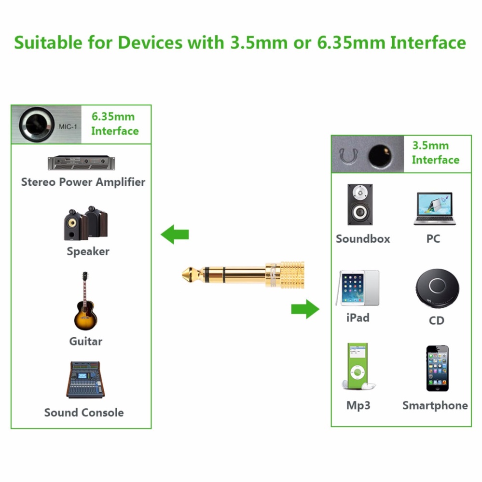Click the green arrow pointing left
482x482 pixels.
pos(175,234)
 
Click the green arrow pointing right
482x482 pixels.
pos(305,309)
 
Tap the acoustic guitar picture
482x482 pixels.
pos(85,301)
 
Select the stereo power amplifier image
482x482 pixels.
pos(82,163)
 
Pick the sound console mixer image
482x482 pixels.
pos(85,380)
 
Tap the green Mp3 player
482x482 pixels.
pos(358,366)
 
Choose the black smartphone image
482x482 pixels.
pos(437,368)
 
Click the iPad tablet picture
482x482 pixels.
pos(358,288)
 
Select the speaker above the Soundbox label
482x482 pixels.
pos(359,205)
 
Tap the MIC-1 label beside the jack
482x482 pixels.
pos(68,126)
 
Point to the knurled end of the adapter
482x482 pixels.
pos(292,275)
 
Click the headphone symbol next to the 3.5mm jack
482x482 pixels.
pos(348,156)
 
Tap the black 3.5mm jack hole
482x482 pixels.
pos(380,155)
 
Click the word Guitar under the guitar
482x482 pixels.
pos(86,341)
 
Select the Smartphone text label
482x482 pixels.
pos(435,405)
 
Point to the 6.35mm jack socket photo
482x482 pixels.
pos(37,124)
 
